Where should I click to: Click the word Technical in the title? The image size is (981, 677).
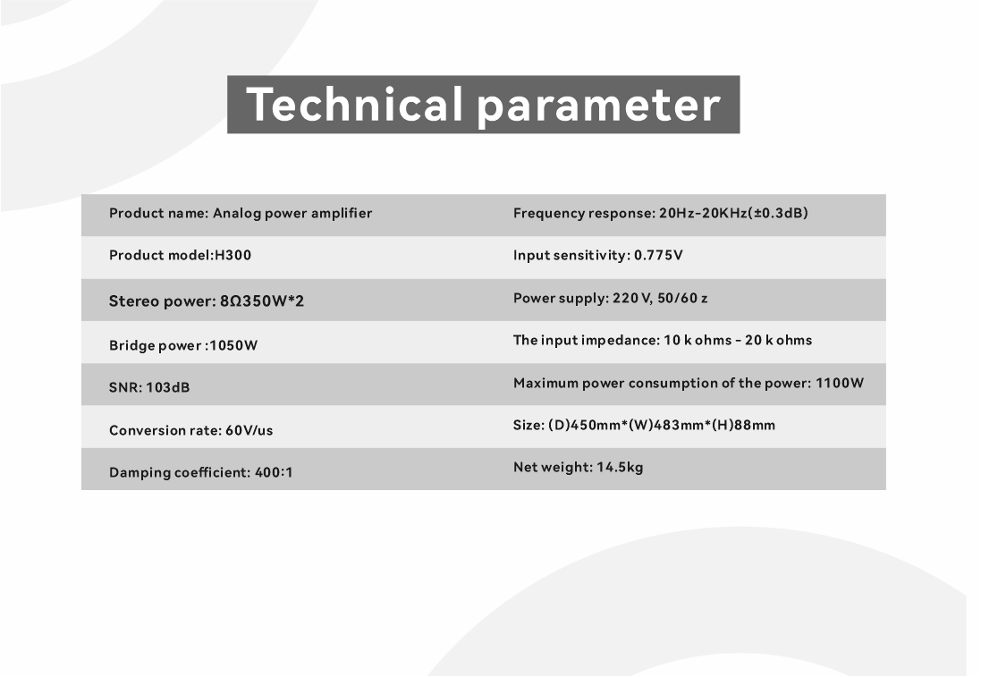pyautogui.click(x=354, y=104)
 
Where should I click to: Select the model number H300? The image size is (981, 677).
pyautogui.click(x=233, y=255)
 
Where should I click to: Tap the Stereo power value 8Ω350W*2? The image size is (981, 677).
pyautogui.click(x=262, y=301)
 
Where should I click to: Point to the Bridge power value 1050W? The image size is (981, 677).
pyautogui.click(x=233, y=345)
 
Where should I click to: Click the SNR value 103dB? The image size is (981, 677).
pyautogui.click(x=167, y=387)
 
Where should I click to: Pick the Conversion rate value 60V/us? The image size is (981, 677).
pyautogui.click(x=249, y=430)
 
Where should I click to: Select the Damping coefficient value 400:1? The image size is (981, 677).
pyautogui.click(x=274, y=472)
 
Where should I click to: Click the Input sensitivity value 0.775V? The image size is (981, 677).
pyautogui.click(x=658, y=255)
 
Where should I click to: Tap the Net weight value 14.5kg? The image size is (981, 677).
pyautogui.click(x=620, y=468)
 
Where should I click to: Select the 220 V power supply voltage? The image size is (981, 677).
pyautogui.click(x=631, y=299)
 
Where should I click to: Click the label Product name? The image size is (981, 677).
pyautogui.click(x=157, y=214)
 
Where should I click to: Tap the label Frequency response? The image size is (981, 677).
pyautogui.click(x=582, y=214)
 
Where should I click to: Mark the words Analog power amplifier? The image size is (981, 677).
pyautogui.click(x=292, y=214)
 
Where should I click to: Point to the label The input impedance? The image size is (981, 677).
pyautogui.click(x=585, y=341)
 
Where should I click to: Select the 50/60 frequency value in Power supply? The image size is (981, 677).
pyautogui.click(x=678, y=299)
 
